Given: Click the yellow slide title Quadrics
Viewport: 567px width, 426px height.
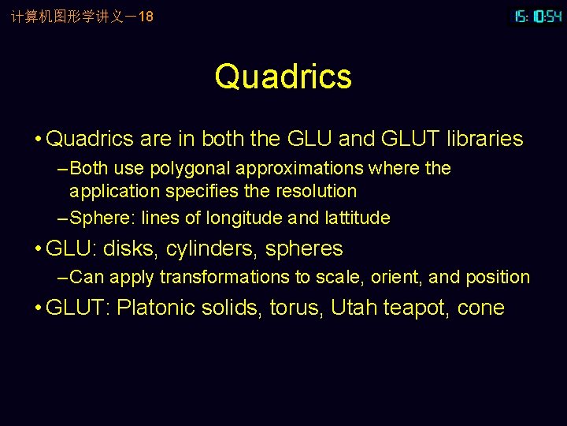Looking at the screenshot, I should click(x=283, y=77).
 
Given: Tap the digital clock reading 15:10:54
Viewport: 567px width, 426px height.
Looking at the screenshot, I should click(x=538, y=16).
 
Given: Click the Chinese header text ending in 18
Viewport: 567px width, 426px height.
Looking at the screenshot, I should click(x=82, y=16).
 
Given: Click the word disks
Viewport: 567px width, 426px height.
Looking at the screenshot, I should click(x=129, y=249).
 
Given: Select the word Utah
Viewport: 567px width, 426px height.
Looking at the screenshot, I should click(x=354, y=308).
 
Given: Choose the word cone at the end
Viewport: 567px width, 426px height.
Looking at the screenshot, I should click(x=480, y=308).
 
